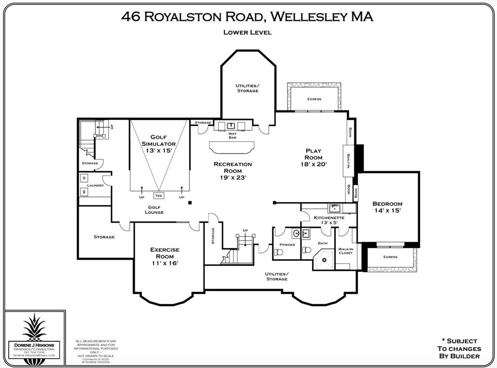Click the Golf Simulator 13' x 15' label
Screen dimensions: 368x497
(x=159, y=144)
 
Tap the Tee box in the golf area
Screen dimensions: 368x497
(x=159, y=196)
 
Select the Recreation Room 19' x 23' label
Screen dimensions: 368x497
(x=233, y=171)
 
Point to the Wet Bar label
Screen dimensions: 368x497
(x=233, y=135)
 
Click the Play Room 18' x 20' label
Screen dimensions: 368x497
(x=314, y=158)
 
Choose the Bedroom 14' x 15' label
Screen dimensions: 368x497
(x=387, y=207)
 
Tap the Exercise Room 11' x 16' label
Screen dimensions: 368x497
(x=165, y=256)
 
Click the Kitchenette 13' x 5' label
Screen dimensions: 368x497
(x=329, y=220)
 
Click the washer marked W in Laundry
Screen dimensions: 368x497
(x=83, y=192)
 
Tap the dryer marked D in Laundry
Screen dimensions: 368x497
(x=83, y=178)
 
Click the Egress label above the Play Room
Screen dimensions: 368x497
(x=314, y=99)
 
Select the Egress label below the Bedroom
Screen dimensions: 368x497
(x=390, y=257)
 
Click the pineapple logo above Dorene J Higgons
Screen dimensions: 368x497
(x=34, y=327)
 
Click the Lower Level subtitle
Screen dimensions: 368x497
(x=247, y=33)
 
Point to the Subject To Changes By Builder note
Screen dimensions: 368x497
(x=459, y=349)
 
